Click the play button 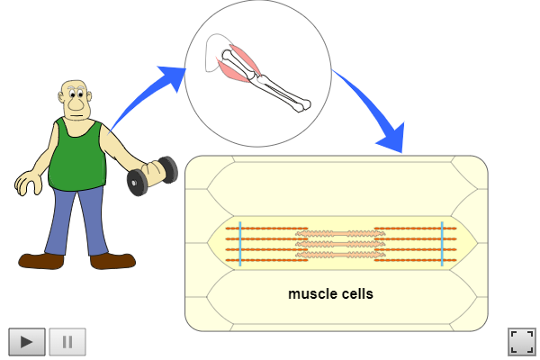click(27, 341)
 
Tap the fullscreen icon click(521, 341)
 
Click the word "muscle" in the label click(310, 293)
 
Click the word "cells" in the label click(354, 293)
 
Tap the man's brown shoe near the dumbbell click(112, 260)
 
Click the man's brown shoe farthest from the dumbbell click(41, 260)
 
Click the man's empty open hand click(27, 184)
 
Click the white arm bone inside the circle click(270, 81)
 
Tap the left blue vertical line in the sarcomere click(240, 242)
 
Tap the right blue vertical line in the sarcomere click(442, 242)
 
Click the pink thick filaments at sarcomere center click(341, 242)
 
